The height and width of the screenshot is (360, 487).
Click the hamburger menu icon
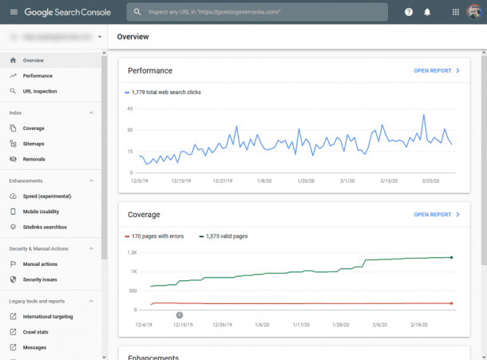(x=13, y=12)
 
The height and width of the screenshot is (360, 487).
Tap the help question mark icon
(x=409, y=12)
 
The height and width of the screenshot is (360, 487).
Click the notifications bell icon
(x=427, y=12)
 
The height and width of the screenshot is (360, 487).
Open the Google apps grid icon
(x=456, y=12)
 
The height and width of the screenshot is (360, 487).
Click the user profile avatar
(x=474, y=12)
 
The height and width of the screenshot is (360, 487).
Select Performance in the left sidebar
(x=38, y=76)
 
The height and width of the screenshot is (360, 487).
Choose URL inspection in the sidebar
(x=40, y=91)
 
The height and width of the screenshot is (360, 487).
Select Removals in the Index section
(x=34, y=159)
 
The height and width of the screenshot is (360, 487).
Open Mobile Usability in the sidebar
(x=42, y=212)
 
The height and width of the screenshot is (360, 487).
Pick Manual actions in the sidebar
(x=40, y=264)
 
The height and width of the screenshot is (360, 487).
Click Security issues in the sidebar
(x=40, y=279)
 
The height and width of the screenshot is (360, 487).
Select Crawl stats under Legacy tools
(x=36, y=332)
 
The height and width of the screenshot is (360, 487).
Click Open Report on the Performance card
(x=437, y=71)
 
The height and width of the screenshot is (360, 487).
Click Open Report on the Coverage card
(x=437, y=215)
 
